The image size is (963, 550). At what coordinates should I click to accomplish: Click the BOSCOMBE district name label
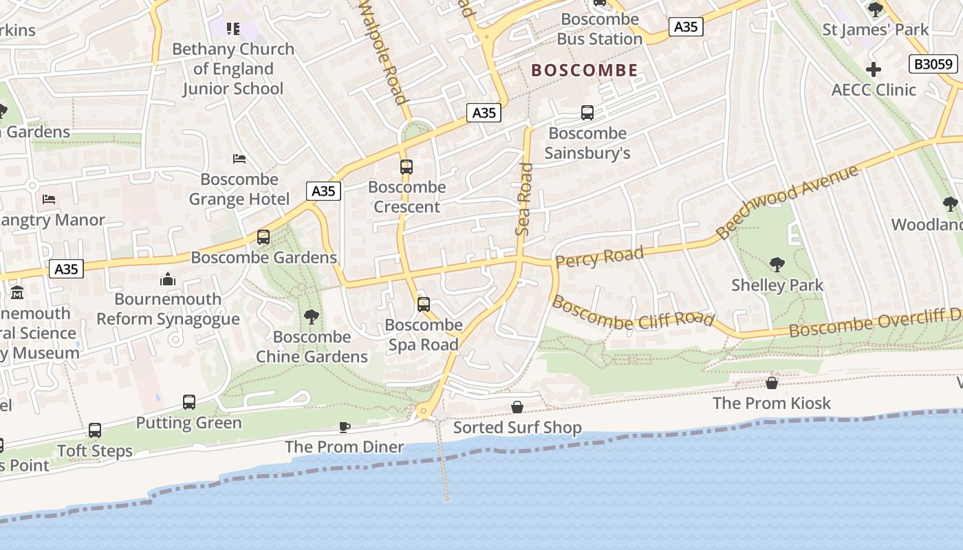(585, 70)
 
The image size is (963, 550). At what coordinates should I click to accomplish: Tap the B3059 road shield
(933, 65)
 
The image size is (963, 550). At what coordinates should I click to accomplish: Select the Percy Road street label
(600, 257)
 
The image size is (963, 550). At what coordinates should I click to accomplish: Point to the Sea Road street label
(525, 199)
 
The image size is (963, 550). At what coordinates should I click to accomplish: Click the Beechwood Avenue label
(788, 202)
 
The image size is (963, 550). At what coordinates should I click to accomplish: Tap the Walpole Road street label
(384, 52)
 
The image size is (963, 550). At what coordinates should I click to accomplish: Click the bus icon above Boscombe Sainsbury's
(587, 113)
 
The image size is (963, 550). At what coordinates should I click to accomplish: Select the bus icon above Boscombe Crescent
(407, 167)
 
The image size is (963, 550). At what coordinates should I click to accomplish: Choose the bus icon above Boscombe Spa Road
(424, 305)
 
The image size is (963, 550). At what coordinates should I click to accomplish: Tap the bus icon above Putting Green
(189, 402)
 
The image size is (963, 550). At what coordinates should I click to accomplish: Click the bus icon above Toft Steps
(95, 430)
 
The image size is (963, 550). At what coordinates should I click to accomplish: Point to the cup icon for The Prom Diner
(345, 427)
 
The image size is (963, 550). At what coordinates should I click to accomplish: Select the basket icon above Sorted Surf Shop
(517, 408)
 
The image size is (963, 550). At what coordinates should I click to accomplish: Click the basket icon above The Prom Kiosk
(772, 383)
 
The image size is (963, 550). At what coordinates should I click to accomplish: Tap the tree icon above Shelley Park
(777, 264)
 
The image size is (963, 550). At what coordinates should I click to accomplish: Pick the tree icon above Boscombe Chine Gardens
(312, 316)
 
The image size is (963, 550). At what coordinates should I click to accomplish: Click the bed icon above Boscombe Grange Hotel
(239, 159)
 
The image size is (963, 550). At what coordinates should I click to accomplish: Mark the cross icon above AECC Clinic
(874, 69)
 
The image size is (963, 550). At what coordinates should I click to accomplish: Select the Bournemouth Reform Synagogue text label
(168, 309)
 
